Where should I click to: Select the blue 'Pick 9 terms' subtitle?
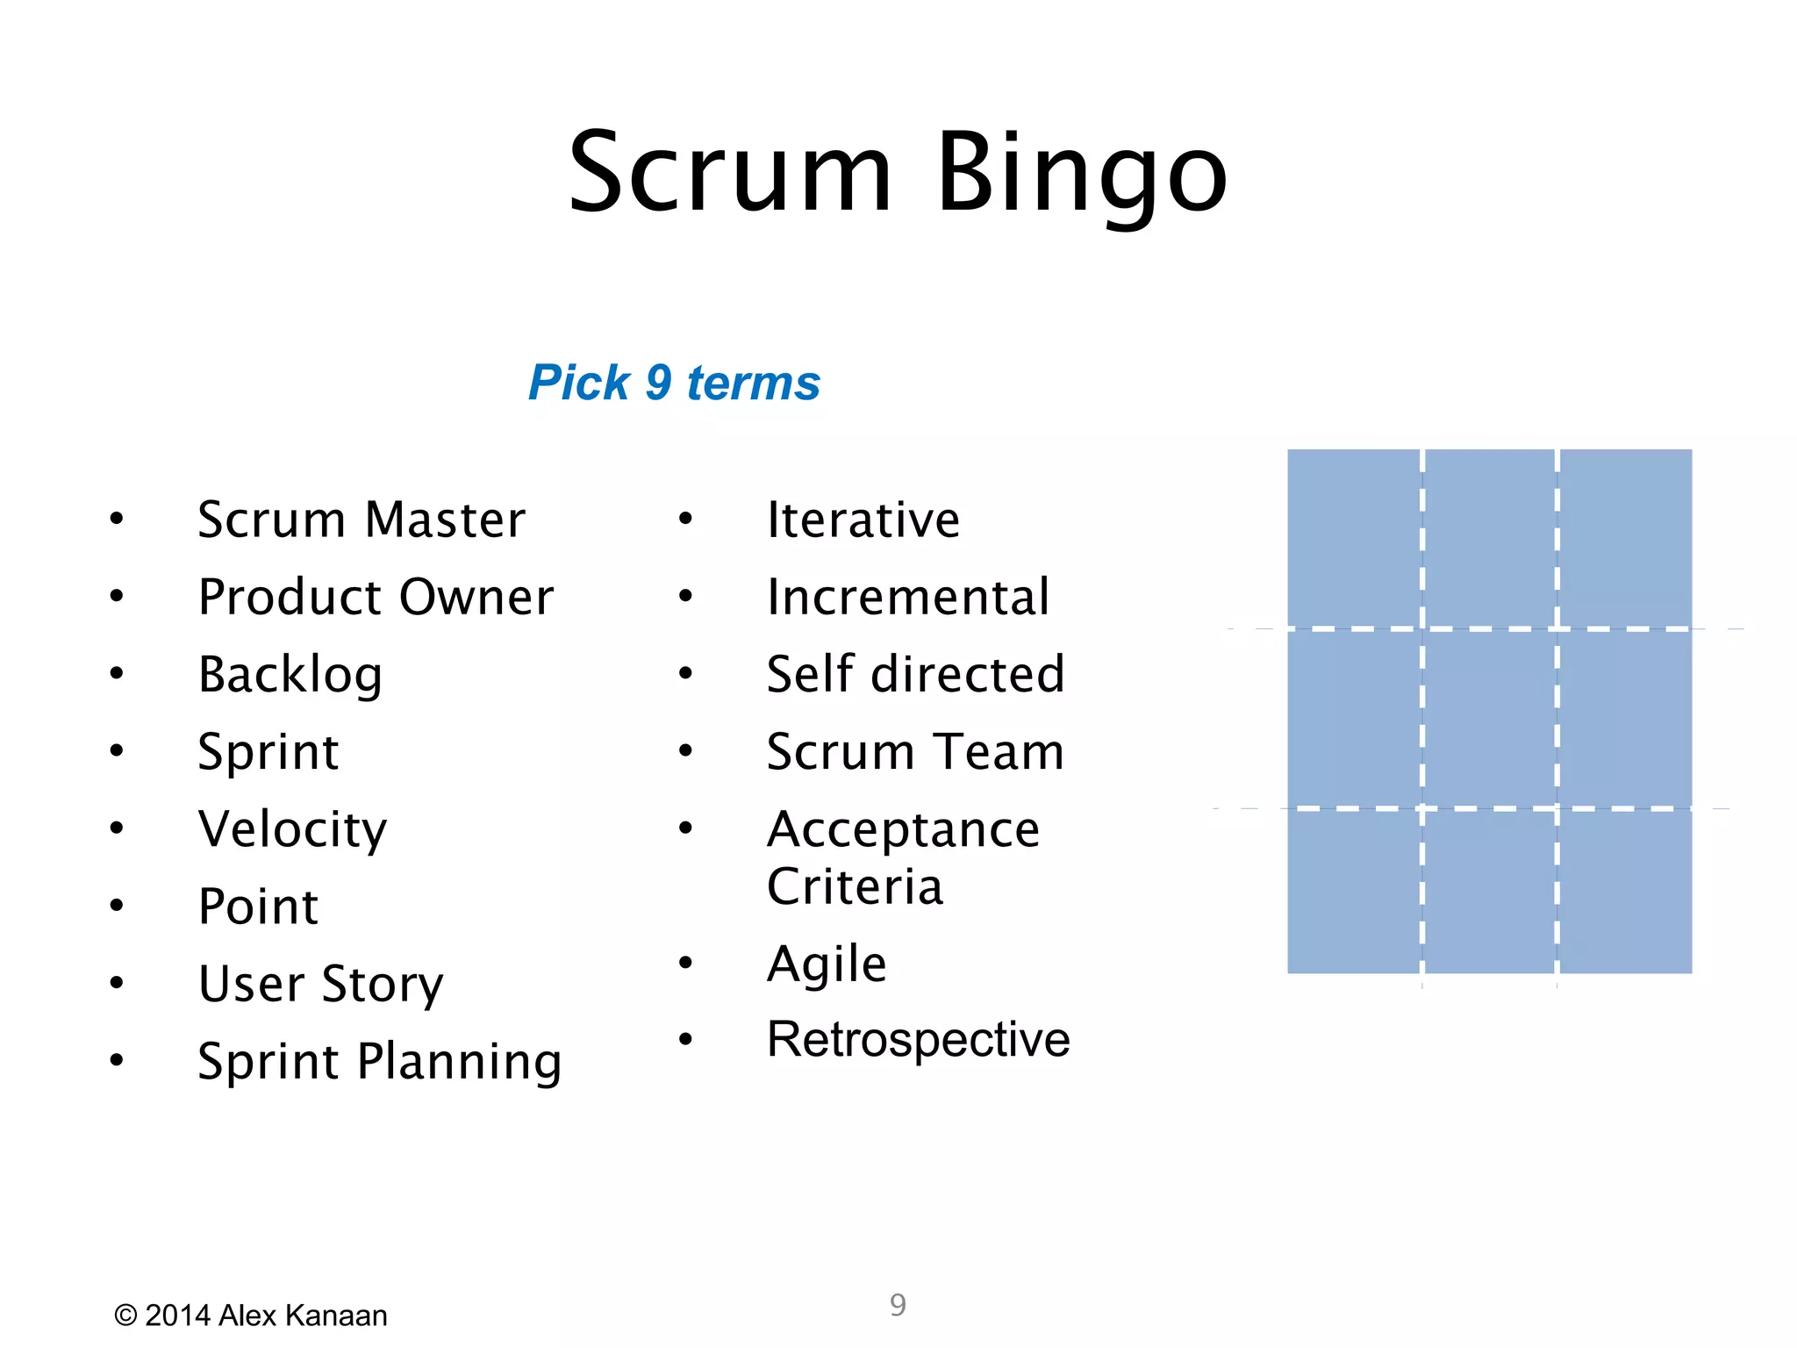[674, 383]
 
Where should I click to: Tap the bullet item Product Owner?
[376, 598]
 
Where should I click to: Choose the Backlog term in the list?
[290, 675]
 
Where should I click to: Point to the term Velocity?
[292, 829]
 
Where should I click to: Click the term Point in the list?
[258, 907]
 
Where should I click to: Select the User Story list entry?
[321, 984]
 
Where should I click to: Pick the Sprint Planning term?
[379, 1061]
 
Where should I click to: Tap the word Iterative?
[863, 520]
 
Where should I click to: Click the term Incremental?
[907, 598]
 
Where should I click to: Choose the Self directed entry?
[915, 675]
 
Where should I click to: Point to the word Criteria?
[855, 886]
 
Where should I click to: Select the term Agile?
[827, 964]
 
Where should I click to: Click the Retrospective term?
[918, 1040]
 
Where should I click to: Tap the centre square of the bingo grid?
[1489, 718]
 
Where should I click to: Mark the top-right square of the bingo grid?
[1625, 538]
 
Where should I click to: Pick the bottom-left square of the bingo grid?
[1353, 891]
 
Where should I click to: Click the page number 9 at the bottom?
[898, 1305]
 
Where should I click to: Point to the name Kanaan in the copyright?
[336, 1316]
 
